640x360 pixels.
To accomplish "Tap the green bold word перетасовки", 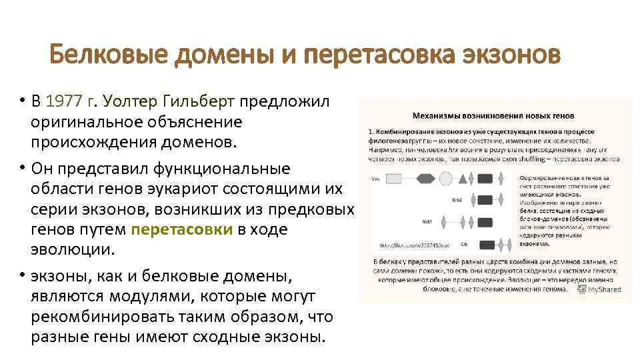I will click(181, 230).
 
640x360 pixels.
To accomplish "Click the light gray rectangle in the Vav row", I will click(394, 179).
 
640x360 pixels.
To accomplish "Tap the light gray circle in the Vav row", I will click(445, 179).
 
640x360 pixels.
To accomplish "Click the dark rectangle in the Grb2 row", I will click(485, 199).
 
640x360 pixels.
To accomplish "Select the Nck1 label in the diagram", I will click(427, 221).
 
